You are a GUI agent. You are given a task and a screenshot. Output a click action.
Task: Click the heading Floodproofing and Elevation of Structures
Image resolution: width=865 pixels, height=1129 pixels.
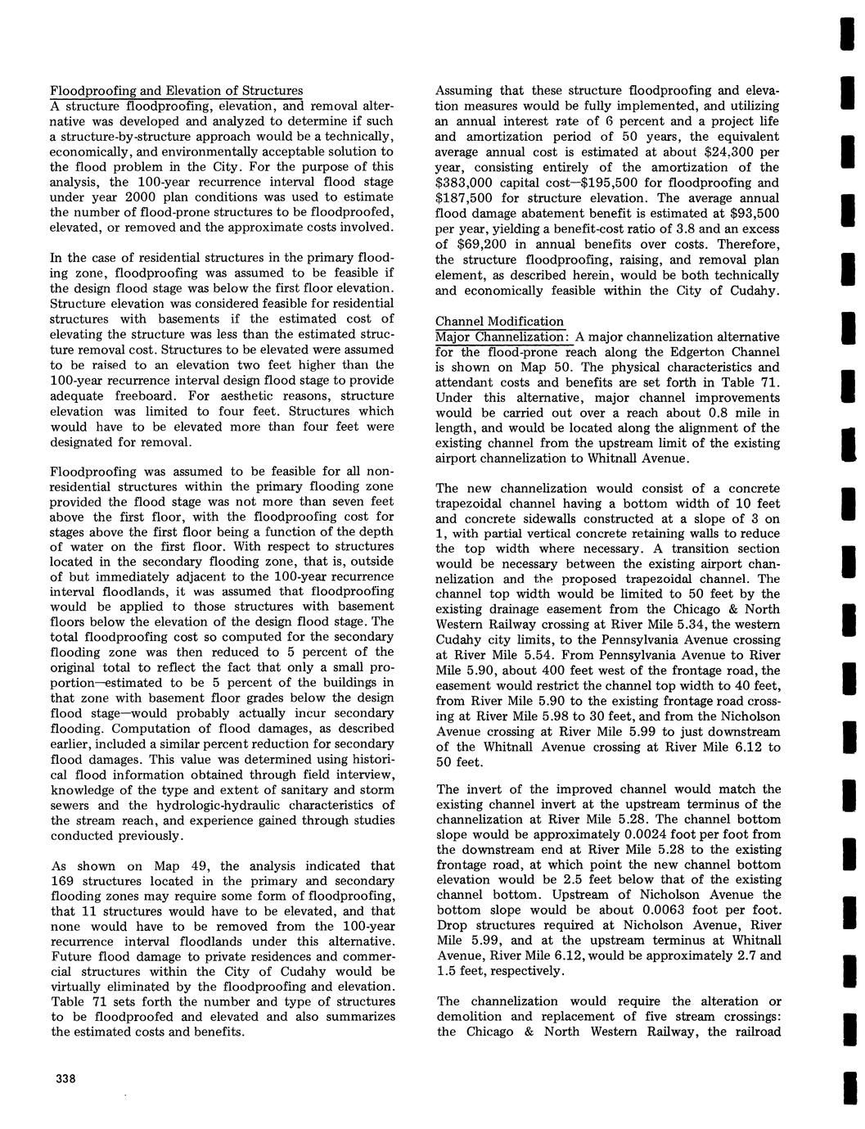[x=176, y=90]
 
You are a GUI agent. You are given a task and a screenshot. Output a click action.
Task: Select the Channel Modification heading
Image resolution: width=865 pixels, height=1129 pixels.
[x=499, y=322]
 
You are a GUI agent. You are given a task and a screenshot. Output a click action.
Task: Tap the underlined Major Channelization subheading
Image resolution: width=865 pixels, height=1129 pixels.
[x=502, y=337]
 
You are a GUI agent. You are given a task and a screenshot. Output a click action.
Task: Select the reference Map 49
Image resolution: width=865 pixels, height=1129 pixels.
[x=173, y=865]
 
